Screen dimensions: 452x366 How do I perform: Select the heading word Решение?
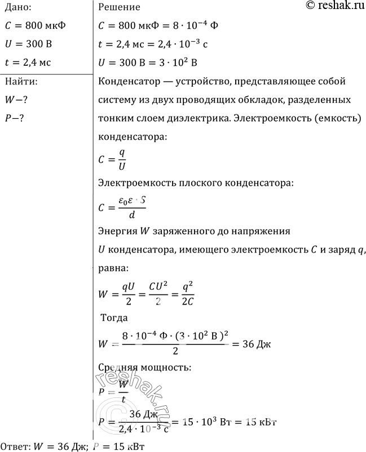(119, 7)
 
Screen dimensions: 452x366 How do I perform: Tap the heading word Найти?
(21, 82)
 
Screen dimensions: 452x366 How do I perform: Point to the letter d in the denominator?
(131, 214)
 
